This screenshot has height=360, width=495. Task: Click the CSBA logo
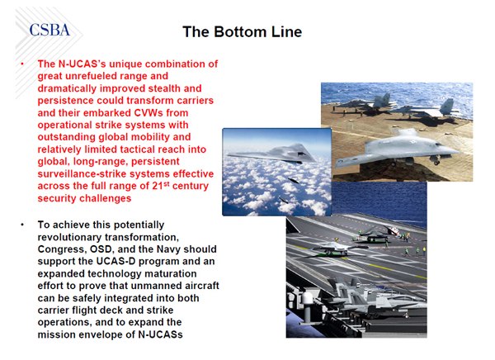click(49, 30)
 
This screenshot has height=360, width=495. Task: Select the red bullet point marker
click(22, 64)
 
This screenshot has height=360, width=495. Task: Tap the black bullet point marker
click(22, 225)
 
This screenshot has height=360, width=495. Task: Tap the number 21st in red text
click(160, 186)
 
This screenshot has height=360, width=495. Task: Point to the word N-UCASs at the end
click(160, 334)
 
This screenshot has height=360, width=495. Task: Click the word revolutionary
click(69, 237)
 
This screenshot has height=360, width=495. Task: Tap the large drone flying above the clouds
click(271, 154)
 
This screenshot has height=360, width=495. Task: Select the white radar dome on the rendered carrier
click(307, 298)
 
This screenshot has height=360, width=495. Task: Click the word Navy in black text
click(168, 249)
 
